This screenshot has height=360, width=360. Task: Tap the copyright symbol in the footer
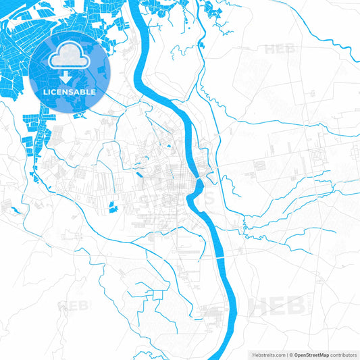click(290, 354)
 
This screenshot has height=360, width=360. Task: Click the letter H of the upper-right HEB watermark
click(270, 49)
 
